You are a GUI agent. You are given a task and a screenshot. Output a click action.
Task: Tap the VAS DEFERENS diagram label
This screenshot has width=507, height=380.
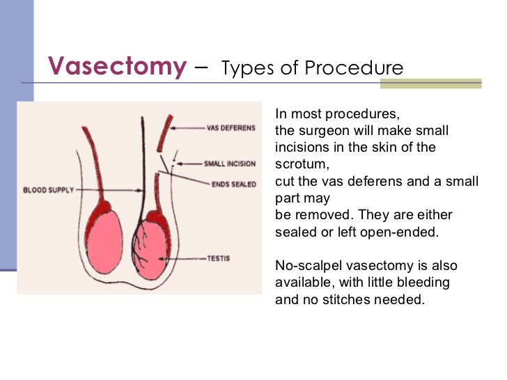[231, 128]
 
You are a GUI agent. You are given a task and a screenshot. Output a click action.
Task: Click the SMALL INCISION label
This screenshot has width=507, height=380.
[229, 164]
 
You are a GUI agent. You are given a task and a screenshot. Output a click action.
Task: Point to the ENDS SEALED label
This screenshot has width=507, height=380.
[233, 184]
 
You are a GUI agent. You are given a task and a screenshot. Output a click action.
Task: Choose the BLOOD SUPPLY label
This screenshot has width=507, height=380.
[49, 189]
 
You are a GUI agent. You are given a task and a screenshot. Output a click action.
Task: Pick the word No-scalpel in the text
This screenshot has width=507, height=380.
[307, 266]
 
